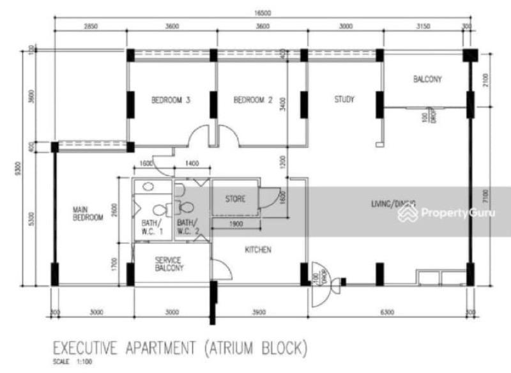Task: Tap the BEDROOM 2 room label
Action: click(253, 100)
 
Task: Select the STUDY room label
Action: click(344, 100)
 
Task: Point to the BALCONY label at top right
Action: click(427, 80)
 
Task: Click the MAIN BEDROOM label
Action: click(88, 213)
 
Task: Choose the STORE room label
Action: click(235, 199)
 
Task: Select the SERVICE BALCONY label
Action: click(169, 264)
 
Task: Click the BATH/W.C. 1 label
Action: click(152, 228)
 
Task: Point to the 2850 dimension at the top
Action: click(90, 26)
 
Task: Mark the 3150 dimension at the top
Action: click(425, 26)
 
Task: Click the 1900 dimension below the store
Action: click(235, 224)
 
